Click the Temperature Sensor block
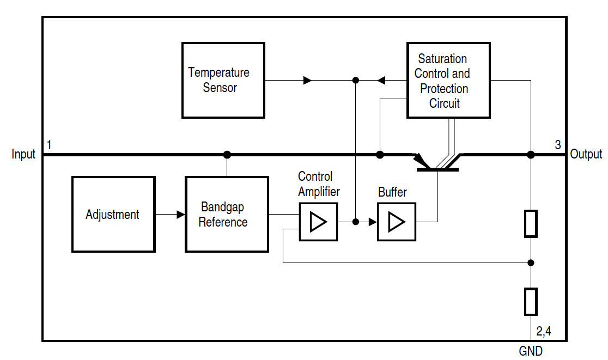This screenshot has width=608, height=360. [x=223, y=80]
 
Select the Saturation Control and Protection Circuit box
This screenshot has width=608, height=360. [x=448, y=80]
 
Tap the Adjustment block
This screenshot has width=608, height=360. [x=113, y=214]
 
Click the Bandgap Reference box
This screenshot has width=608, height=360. [x=227, y=214]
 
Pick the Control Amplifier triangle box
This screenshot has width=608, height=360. [x=318, y=222]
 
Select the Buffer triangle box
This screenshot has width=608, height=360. [x=396, y=222]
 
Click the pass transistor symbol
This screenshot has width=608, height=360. [x=437, y=163]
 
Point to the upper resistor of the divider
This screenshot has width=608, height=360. [x=531, y=223]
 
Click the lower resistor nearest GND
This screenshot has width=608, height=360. [x=531, y=301]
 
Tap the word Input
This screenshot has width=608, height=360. [x=23, y=155]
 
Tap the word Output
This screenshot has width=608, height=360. [x=586, y=155]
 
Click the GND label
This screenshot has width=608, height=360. [x=530, y=351]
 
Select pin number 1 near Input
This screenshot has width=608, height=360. [x=49, y=145]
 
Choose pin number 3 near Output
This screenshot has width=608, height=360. [x=557, y=145]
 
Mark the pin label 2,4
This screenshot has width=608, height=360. [x=544, y=331]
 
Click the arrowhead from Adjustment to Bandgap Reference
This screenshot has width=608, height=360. [x=181, y=215]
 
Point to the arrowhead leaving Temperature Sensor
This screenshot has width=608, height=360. [x=308, y=80]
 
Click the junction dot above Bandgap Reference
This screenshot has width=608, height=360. [x=227, y=155]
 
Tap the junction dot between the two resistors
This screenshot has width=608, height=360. [x=531, y=263]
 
